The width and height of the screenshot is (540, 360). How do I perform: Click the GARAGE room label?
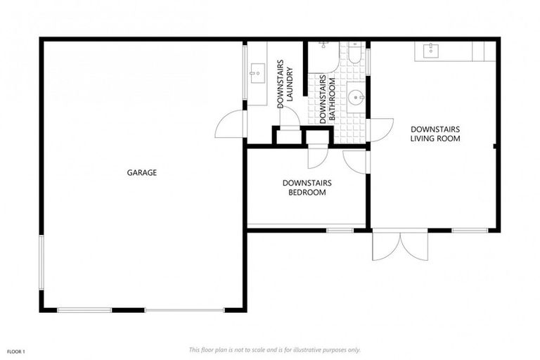[141, 172]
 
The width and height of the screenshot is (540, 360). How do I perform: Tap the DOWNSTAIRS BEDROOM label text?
[307, 188]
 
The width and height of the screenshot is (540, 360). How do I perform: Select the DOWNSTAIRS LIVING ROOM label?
[435, 134]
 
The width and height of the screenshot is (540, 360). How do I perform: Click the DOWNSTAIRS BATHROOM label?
[327, 101]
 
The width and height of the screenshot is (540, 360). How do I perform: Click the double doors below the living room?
[399, 245]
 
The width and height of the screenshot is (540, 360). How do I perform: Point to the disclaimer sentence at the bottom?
[274, 349]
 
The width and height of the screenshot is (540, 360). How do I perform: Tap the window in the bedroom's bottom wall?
[340, 230]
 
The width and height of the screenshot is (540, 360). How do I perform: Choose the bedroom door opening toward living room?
[356, 160]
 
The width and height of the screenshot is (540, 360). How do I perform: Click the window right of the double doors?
[470, 230]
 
